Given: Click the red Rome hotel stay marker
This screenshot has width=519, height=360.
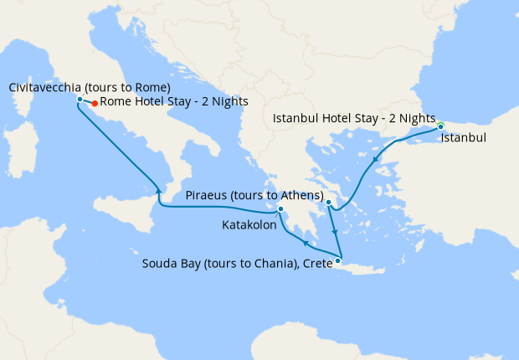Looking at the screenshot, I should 95,104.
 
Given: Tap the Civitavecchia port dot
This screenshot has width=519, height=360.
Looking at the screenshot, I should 80,100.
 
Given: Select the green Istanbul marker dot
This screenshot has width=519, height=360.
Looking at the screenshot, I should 440,126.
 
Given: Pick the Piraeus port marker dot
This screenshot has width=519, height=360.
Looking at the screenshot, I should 329,203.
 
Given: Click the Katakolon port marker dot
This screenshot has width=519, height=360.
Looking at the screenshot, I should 281,209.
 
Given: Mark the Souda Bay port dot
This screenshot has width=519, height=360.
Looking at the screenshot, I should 337,261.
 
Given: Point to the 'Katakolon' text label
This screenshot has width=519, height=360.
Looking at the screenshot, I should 249,225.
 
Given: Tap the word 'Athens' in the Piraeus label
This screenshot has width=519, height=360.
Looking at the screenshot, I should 300,195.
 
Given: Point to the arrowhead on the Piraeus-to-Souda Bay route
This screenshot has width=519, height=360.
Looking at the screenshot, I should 333,230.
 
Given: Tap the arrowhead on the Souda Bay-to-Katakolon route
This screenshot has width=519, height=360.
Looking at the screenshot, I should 306,244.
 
